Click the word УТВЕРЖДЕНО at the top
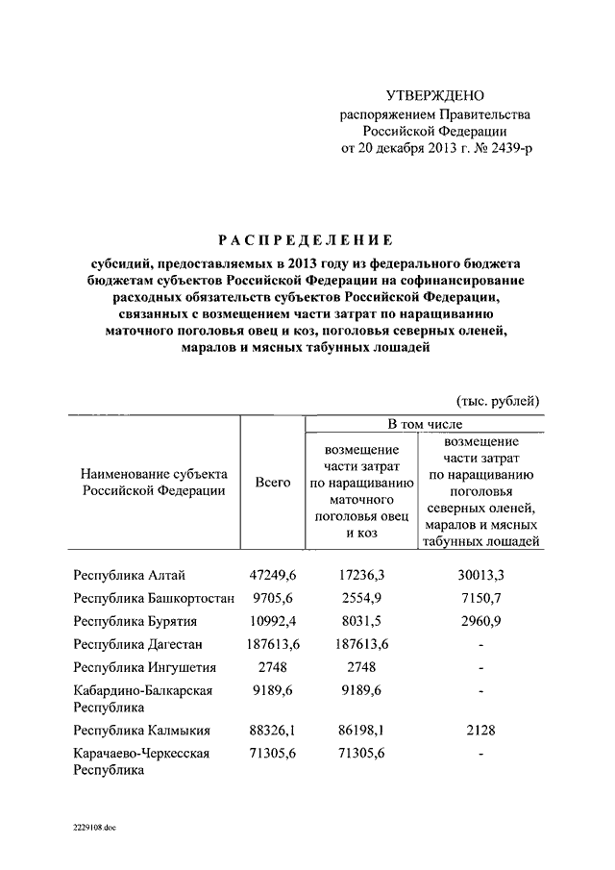point(435,95)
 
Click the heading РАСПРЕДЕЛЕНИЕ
point(303,239)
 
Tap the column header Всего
point(273,483)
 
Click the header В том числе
point(425,424)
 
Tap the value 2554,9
point(362,598)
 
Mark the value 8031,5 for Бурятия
point(362,621)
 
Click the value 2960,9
point(480,621)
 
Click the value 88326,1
point(275,730)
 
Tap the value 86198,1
point(362,730)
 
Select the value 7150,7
point(480,598)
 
